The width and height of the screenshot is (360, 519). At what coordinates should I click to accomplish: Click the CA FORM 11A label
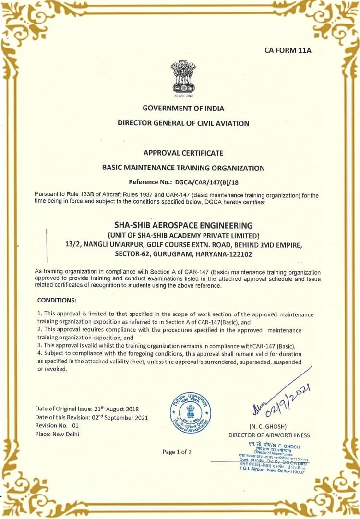(x=288, y=50)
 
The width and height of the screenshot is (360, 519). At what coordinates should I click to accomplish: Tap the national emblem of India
(x=183, y=78)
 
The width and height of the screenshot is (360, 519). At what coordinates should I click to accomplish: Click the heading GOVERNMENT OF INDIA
(x=183, y=108)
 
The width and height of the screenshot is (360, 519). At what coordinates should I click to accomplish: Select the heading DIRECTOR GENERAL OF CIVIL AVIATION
(x=183, y=123)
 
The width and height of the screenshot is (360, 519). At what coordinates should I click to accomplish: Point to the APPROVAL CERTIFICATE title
(x=183, y=153)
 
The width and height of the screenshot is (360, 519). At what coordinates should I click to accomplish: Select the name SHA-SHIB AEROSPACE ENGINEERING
(x=183, y=225)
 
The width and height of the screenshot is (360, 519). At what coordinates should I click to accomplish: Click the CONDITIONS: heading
(x=57, y=300)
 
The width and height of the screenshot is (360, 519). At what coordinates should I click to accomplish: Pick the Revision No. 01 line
(x=57, y=425)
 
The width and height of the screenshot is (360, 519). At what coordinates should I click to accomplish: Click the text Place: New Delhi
(x=57, y=434)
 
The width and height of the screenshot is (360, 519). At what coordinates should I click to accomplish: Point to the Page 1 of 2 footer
(x=177, y=452)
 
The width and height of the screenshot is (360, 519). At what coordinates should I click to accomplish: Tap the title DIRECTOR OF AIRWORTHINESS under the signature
(x=269, y=435)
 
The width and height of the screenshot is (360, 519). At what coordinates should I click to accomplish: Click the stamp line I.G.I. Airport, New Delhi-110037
(x=272, y=471)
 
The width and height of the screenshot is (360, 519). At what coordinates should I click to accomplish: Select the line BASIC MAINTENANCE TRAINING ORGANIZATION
(x=183, y=168)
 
